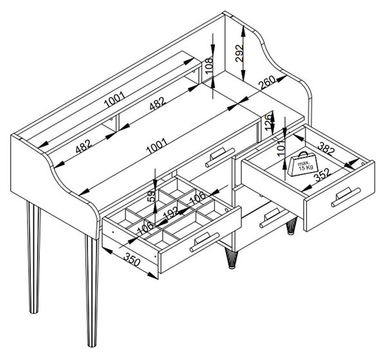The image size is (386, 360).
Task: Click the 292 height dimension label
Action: pos(239,53)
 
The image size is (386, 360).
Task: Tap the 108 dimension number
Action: pos(208,65)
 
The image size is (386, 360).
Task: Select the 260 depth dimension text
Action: pos(267,82)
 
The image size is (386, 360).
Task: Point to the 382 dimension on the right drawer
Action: pos(326,149)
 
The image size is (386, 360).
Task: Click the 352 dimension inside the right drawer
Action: pos(323,175)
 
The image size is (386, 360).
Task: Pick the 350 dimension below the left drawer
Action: pos(132,259)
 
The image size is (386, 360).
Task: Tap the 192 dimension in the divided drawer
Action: pos(171,213)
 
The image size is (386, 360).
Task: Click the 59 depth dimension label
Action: pos(152,196)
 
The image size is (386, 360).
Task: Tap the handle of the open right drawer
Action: pos(345,196)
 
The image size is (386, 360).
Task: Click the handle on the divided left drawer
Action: pos(205,242)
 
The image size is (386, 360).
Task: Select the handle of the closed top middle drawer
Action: pos(220,156)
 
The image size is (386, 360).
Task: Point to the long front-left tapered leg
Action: pos(92,290)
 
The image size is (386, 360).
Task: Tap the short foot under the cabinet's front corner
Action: pos(231,258)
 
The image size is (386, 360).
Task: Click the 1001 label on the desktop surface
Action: pos(157,146)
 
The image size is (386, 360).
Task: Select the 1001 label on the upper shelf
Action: pos(115,99)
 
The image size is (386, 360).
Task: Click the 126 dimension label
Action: pos(270,122)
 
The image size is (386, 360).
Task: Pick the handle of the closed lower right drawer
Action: pos(274,217)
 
